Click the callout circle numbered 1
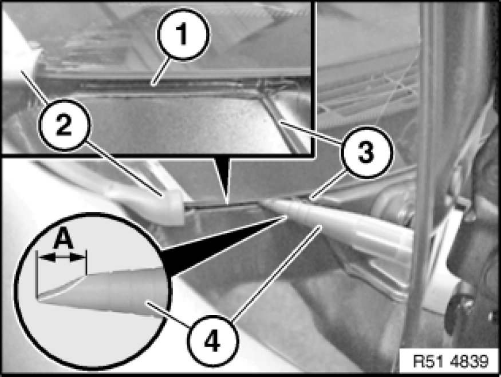[183, 34]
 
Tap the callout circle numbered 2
[64, 125]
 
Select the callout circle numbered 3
[366, 152]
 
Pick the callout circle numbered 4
[212, 342]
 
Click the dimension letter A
[63, 240]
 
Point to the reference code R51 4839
[451, 362]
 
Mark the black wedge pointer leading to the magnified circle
[224, 246]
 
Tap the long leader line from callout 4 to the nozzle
[275, 273]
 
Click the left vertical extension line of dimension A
[37, 275]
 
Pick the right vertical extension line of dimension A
[86, 263]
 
